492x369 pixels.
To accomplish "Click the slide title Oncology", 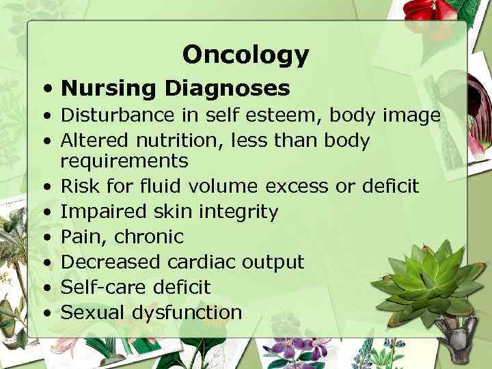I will [245, 55].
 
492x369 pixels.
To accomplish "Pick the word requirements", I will [124, 161].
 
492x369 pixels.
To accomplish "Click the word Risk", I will [79, 187].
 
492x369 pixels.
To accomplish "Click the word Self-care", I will [103, 288].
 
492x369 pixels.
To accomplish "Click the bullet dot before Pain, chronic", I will [45, 238].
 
